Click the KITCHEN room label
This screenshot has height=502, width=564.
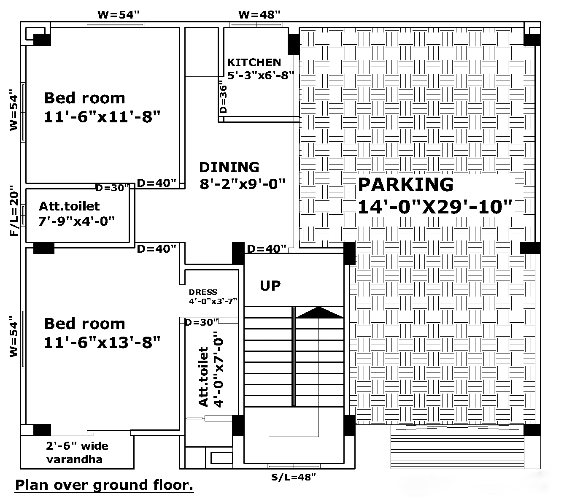click(x=254, y=62)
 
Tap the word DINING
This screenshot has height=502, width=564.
click(x=229, y=167)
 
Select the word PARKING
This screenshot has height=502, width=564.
click(x=406, y=184)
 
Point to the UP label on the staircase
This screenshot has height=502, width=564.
click(x=270, y=286)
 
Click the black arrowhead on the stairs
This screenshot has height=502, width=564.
click(x=319, y=313)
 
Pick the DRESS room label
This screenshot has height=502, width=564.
click(x=203, y=292)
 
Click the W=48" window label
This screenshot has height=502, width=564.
click(x=259, y=14)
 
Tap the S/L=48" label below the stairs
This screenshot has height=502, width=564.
click(x=294, y=477)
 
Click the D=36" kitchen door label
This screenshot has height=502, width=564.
click(x=223, y=97)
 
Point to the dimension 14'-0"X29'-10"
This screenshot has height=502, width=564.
click(x=435, y=207)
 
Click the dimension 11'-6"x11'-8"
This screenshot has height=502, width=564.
click(x=102, y=116)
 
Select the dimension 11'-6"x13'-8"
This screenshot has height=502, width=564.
click(x=102, y=342)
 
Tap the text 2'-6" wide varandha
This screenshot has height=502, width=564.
click(x=77, y=453)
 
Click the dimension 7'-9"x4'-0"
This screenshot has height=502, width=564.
click(x=76, y=221)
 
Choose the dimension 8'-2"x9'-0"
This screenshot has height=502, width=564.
click(x=243, y=184)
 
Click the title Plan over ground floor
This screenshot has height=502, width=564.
click(x=104, y=486)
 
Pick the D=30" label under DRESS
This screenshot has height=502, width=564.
click(x=201, y=322)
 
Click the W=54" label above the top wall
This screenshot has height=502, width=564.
click(x=118, y=14)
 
